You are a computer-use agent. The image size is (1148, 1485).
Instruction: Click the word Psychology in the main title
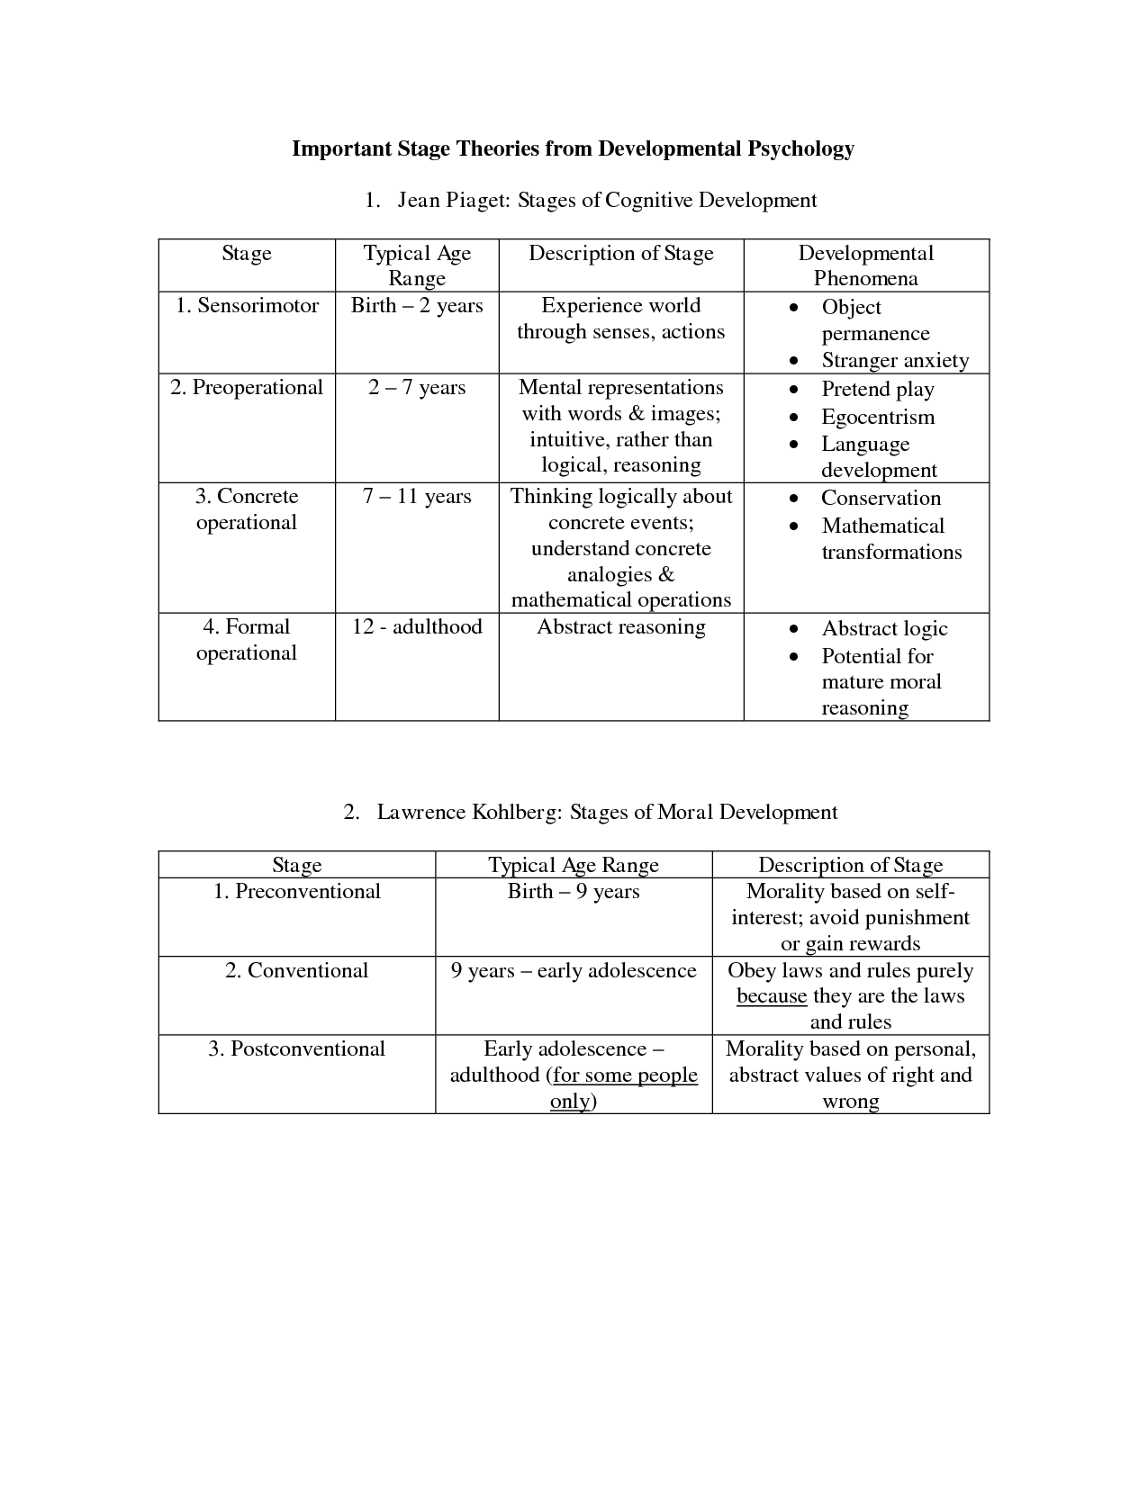[800, 148]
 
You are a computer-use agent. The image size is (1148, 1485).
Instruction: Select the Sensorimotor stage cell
[247, 306]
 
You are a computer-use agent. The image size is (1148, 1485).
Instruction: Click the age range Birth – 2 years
[417, 306]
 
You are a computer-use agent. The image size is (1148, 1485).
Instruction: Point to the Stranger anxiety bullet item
[895, 361]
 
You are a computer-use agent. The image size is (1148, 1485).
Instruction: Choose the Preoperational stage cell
[247, 388]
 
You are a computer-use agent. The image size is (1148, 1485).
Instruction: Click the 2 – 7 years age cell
[417, 388]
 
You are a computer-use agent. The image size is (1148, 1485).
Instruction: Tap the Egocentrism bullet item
[878, 418]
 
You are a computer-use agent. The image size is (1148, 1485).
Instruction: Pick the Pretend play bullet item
[878, 390]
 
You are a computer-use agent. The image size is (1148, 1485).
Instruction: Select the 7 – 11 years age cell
[417, 497]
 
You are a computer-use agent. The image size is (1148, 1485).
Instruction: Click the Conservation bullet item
[881, 499]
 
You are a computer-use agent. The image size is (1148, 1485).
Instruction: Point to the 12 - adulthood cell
[417, 627]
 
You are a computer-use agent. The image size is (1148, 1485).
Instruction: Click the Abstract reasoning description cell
[621, 627]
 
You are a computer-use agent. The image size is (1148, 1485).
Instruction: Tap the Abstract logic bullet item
[884, 629]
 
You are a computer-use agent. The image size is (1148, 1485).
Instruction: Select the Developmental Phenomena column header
[866, 265]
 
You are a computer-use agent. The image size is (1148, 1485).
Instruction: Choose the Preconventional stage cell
[297, 892]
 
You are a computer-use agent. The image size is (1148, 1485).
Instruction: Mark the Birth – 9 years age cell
[574, 892]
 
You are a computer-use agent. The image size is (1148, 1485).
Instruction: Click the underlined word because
[772, 996]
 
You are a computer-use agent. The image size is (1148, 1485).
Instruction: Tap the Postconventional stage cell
[297, 1049]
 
